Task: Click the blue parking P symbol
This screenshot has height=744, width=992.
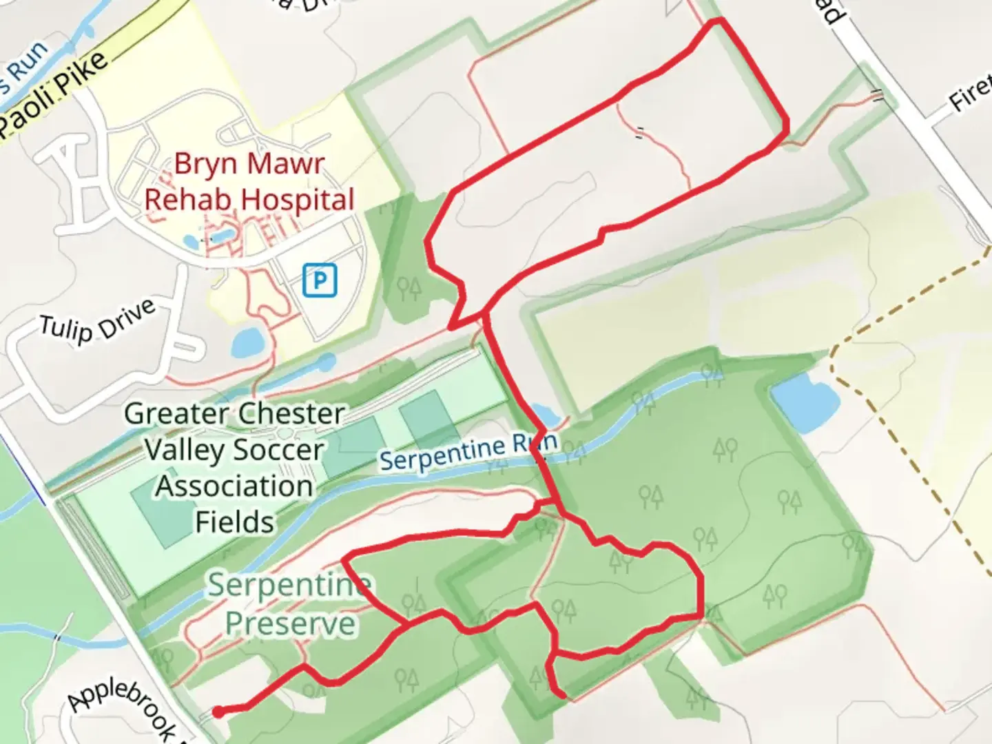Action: [x=320, y=280]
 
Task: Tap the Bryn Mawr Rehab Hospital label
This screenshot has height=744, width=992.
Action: [x=249, y=182]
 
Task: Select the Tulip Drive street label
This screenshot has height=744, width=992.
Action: [x=96, y=322]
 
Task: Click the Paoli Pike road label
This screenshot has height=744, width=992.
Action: [x=55, y=95]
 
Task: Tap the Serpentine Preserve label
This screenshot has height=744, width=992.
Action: [x=290, y=604]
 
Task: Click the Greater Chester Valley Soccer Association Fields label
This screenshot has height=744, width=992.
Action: [x=234, y=468]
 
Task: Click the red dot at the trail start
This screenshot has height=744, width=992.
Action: [x=218, y=712]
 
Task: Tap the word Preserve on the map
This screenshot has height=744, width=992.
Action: [x=290, y=623]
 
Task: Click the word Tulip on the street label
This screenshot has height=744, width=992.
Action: [x=66, y=329]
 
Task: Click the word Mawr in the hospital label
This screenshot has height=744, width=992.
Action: [x=285, y=164]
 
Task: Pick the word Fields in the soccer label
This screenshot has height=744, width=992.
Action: [x=234, y=522]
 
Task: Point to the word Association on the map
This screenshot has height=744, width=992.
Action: [x=234, y=486]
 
